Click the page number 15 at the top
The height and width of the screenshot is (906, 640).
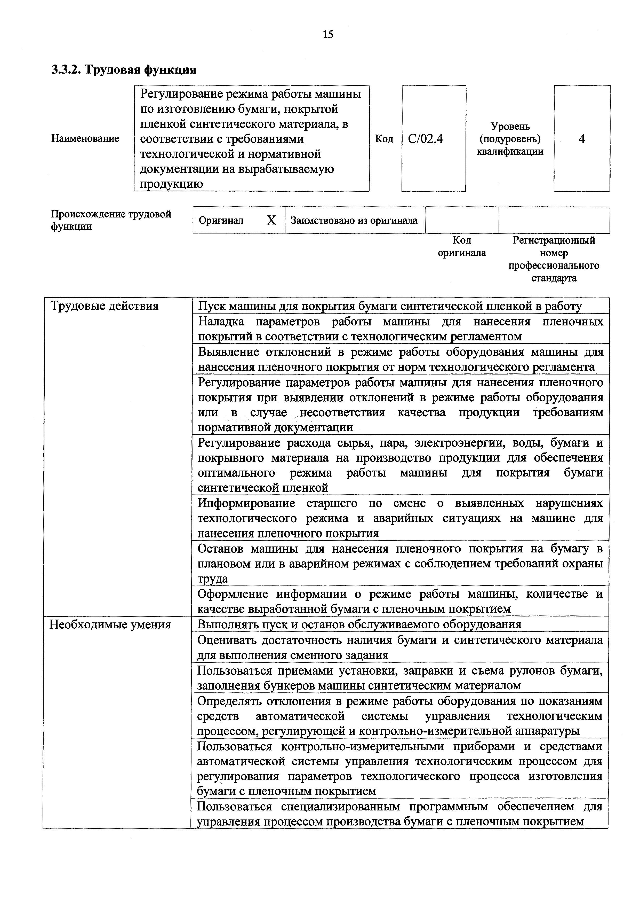coord(328,34)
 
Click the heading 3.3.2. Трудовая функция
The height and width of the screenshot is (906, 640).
coord(124,70)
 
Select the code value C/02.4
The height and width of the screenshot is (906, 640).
coord(426,138)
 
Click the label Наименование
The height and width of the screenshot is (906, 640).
coord(85,138)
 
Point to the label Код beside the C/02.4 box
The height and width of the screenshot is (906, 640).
coord(384,138)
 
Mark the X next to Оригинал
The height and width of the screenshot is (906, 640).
coord(271,220)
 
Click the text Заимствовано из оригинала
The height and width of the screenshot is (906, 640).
coord(354,220)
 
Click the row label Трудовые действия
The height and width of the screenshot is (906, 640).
coord(105,306)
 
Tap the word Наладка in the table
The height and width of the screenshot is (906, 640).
coord(221,322)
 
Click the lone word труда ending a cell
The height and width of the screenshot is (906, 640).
coord(213,579)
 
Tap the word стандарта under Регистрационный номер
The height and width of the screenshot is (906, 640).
coord(554,278)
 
